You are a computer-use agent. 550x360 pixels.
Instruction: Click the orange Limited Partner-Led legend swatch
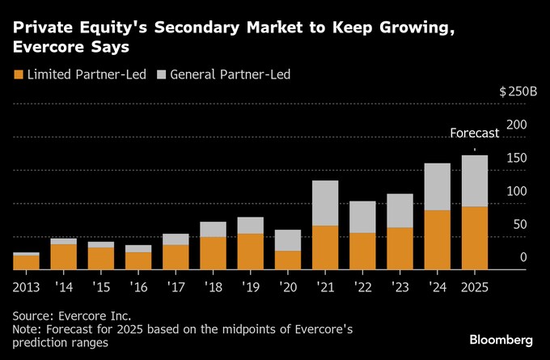tap(19, 74)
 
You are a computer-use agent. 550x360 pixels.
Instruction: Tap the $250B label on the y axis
tap(518, 91)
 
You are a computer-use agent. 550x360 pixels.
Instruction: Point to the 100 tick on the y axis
tap(517, 192)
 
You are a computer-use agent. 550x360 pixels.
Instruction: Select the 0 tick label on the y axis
tap(523, 258)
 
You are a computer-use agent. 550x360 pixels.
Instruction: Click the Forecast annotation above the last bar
tap(474, 133)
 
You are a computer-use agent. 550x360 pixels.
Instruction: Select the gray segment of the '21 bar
tap(324, 203)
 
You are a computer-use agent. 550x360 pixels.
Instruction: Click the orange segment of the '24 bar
tap(437, 239)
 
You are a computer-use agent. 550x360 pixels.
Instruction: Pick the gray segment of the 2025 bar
tap(474, 180)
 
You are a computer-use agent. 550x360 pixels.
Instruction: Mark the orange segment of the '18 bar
tap(212, 252)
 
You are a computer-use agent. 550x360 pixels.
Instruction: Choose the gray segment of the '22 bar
tap(362, 217)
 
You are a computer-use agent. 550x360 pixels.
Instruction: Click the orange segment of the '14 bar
tap(63, 256)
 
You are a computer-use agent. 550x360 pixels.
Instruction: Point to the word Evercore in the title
tap(51, 47)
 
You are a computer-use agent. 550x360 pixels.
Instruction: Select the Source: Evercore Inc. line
tap(71, 316)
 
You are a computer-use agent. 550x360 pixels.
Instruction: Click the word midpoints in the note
tap(225, 329)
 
